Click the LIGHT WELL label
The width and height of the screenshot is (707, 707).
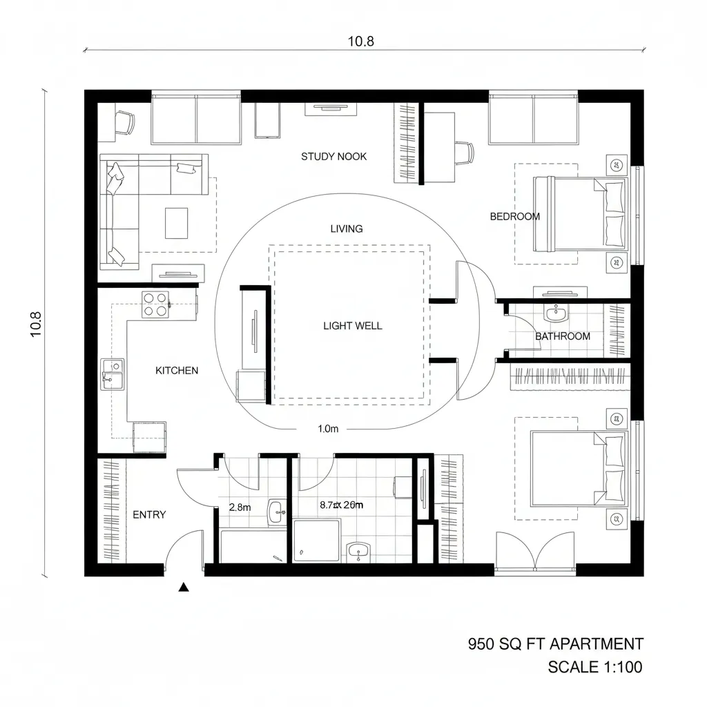point(352,326)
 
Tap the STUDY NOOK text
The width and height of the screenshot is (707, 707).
point(333,157)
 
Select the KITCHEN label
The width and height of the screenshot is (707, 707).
point(177,371)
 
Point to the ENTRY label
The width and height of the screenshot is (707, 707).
point(149,515)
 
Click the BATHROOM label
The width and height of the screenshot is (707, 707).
point(563,336)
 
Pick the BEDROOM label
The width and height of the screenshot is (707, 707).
point(514,217)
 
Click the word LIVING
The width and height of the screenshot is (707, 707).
point(347,229)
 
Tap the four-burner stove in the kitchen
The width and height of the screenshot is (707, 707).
point(155,304)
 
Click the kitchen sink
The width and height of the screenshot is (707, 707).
point(112,374)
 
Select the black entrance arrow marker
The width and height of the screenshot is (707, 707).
point(184,588)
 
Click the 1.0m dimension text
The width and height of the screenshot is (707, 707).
point(328,429)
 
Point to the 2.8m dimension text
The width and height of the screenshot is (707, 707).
point(240,507)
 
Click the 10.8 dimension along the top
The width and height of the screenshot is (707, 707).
point(360,41)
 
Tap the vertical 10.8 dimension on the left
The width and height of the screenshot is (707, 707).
point(36,325)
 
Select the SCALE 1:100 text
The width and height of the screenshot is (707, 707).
point(594,668)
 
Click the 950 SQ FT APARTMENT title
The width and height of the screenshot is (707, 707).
point(555,644)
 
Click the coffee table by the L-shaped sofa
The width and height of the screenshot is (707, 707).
point(176,222)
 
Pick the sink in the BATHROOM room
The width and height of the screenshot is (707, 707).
point(555,314)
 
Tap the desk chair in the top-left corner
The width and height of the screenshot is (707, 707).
point(125,122)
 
